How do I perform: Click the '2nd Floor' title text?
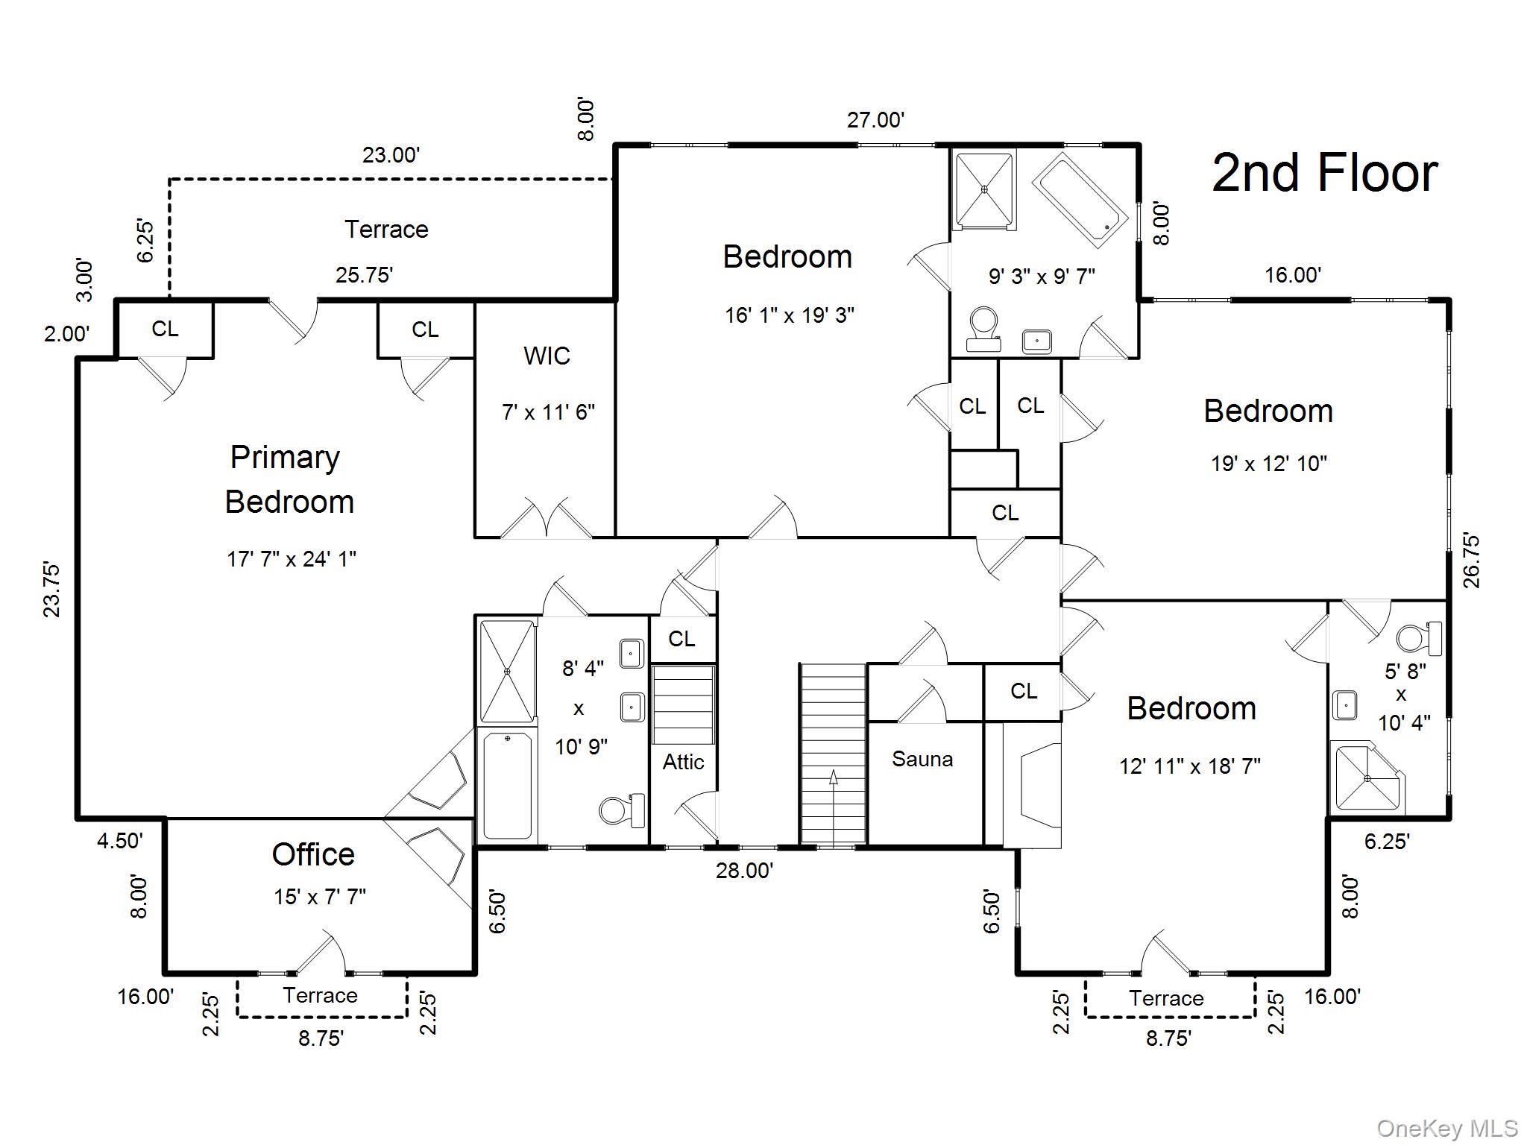1324,173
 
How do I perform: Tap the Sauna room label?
922,759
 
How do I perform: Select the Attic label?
683,762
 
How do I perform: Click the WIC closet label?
547,356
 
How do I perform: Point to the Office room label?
313,854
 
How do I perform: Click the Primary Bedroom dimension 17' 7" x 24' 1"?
292,558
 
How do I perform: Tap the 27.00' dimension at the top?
875,119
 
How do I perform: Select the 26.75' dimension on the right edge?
1471,561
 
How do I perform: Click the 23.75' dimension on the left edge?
51,589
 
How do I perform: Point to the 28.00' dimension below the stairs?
744,870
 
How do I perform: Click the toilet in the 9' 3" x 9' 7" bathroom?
983,328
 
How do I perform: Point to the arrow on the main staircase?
833,779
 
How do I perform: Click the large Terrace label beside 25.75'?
386,229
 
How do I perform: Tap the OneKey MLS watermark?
1446,1129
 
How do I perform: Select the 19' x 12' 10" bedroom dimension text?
1268,464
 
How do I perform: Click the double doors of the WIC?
546,519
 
